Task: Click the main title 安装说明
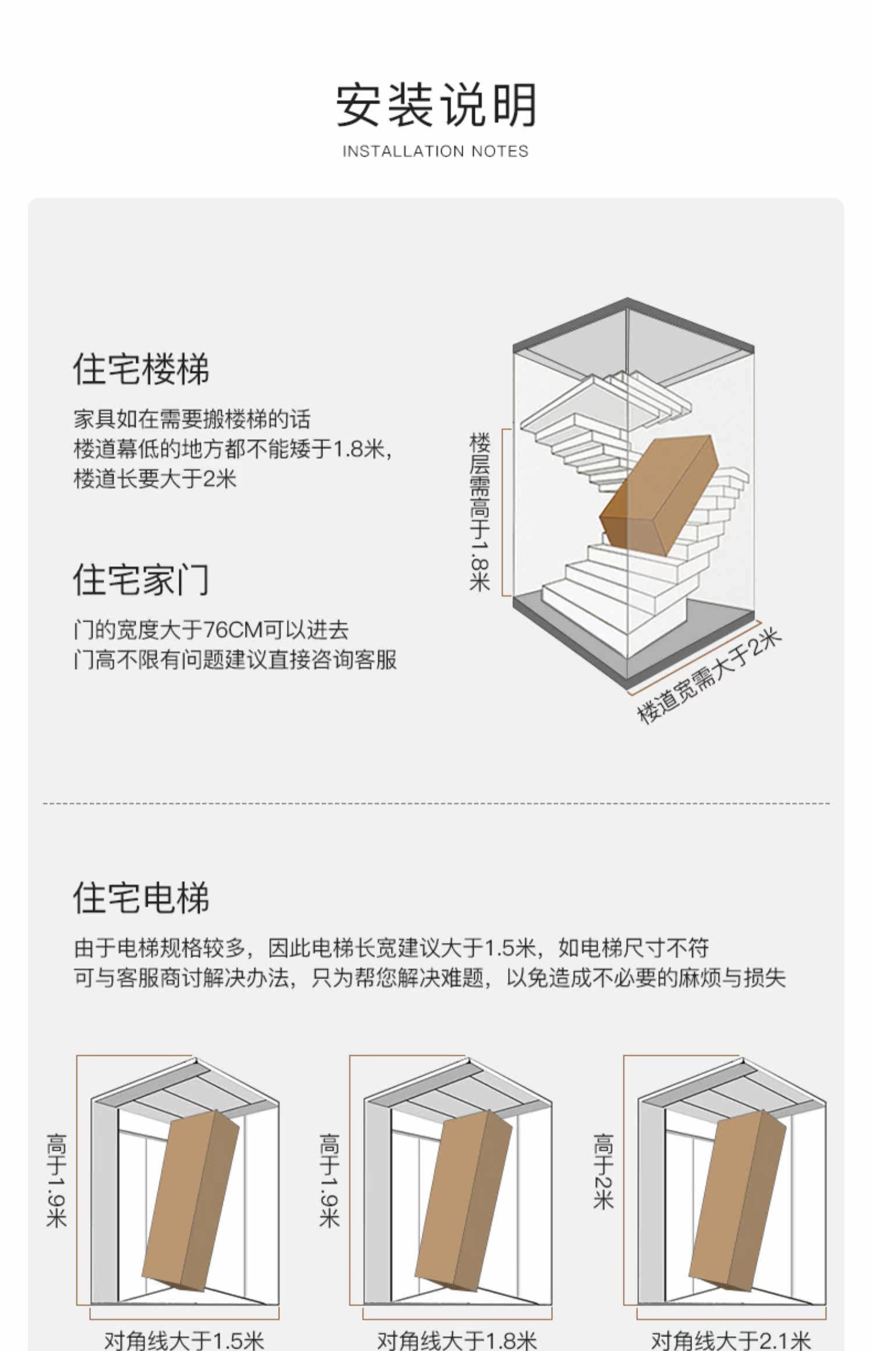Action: (x=436, y=105)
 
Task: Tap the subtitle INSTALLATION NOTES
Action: (x=435, y=151)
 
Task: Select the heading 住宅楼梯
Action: (x=141, y=368)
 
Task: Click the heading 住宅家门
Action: (x=141, y=579)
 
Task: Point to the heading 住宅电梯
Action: (x=141, y=897)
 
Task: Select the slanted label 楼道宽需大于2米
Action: (x=708, y=676)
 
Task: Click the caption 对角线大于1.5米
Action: (x=184, y=1339)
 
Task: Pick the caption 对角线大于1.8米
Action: (x=457, y=1339)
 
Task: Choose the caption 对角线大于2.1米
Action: (x=730, y=1339)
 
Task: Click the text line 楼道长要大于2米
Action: (x=155, y=479)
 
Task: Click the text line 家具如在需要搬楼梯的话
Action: (x=192, y=419)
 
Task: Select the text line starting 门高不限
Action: (x=235, y=660)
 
